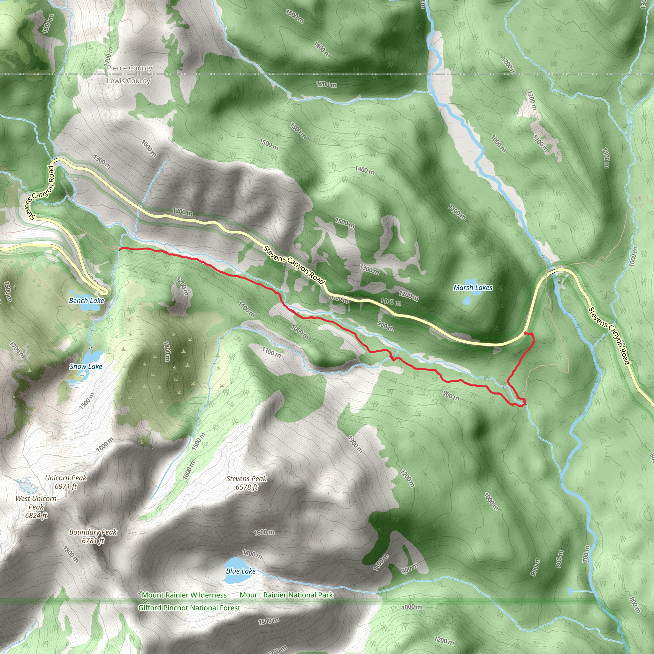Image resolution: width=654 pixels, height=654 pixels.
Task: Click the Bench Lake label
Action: [86, 300]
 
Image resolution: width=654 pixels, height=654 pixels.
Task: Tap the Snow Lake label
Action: [86, 366]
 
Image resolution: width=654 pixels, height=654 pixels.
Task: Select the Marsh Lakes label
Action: [473, 288]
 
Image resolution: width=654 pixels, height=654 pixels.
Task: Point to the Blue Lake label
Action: [241, 571]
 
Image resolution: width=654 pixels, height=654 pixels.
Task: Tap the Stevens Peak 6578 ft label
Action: [247, 483]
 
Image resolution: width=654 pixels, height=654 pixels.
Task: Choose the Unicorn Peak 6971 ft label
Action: [66, 482]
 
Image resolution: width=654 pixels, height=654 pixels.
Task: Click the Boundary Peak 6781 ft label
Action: [93, 536]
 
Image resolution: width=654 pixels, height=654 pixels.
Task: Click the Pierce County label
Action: [130, 68]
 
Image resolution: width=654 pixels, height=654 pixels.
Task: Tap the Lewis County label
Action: [128, 81]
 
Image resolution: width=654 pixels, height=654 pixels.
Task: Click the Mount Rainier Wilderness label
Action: [184, 595]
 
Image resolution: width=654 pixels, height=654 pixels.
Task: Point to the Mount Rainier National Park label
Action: [286, 595]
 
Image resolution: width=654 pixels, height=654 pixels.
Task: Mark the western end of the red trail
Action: [120, 249]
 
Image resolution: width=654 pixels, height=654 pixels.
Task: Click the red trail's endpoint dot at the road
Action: [525, 333]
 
